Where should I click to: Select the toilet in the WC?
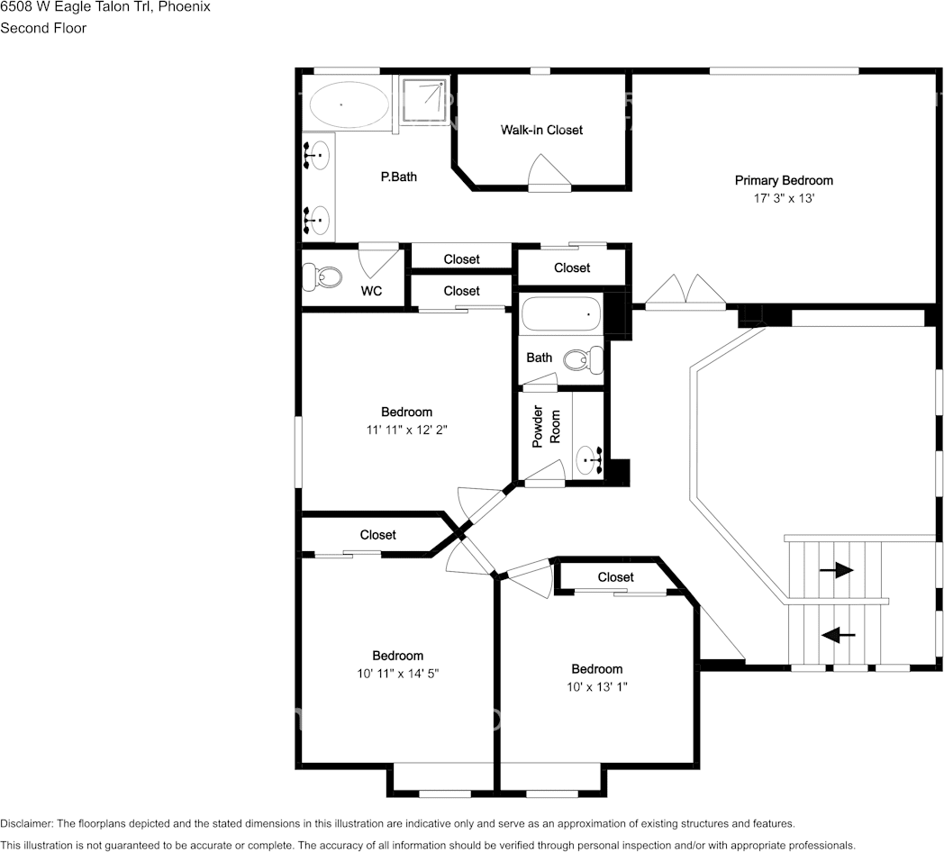[322, 277]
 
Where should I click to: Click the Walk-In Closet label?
[541, 130]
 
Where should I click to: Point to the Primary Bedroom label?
[784, 180]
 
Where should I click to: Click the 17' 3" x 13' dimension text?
[784, 198]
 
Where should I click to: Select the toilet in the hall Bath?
[584, 359]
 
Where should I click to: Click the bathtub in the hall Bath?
[561, 313]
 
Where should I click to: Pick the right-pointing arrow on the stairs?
[836, 569]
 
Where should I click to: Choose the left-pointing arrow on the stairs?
[839, 634]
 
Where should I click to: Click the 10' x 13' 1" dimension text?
[596, 687]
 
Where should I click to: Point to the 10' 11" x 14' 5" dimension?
[397, 674]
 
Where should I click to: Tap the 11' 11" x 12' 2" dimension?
[406, 430]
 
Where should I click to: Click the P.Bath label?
[398, 177]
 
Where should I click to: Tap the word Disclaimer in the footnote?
[27, 823]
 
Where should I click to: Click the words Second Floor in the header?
[43, 28]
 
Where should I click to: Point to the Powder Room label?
[546, 426]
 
